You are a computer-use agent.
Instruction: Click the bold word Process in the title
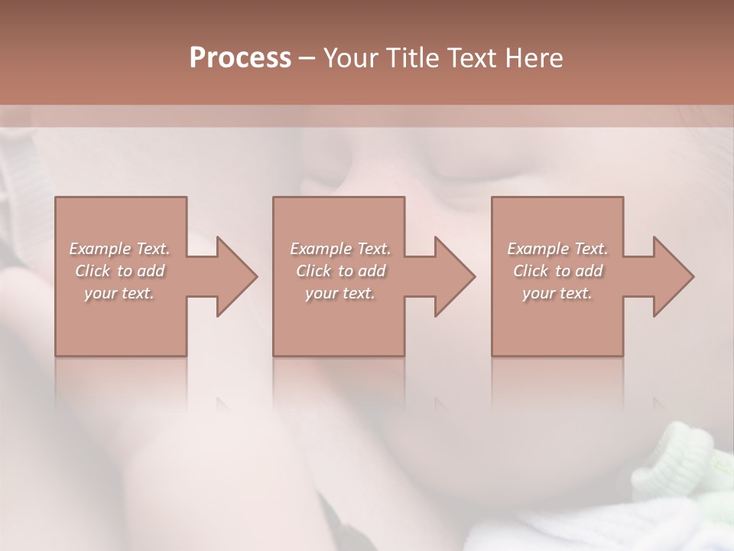tap(240, 57)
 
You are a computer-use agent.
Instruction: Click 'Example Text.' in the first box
tap(119, 249)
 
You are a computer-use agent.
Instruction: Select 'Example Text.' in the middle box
tap(340, 249)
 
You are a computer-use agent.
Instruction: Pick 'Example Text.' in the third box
tap(557, 249)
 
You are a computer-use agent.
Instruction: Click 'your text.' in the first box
tap(119, 293)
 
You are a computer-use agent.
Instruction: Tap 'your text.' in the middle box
tap(340, 293)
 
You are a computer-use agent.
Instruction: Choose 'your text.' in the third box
tap(557, 293)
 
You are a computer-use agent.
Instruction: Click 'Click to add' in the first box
tap(119, 271)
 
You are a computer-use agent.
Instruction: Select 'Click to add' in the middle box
tap(340, 271)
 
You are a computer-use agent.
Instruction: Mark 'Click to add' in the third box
tap(557, 271)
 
